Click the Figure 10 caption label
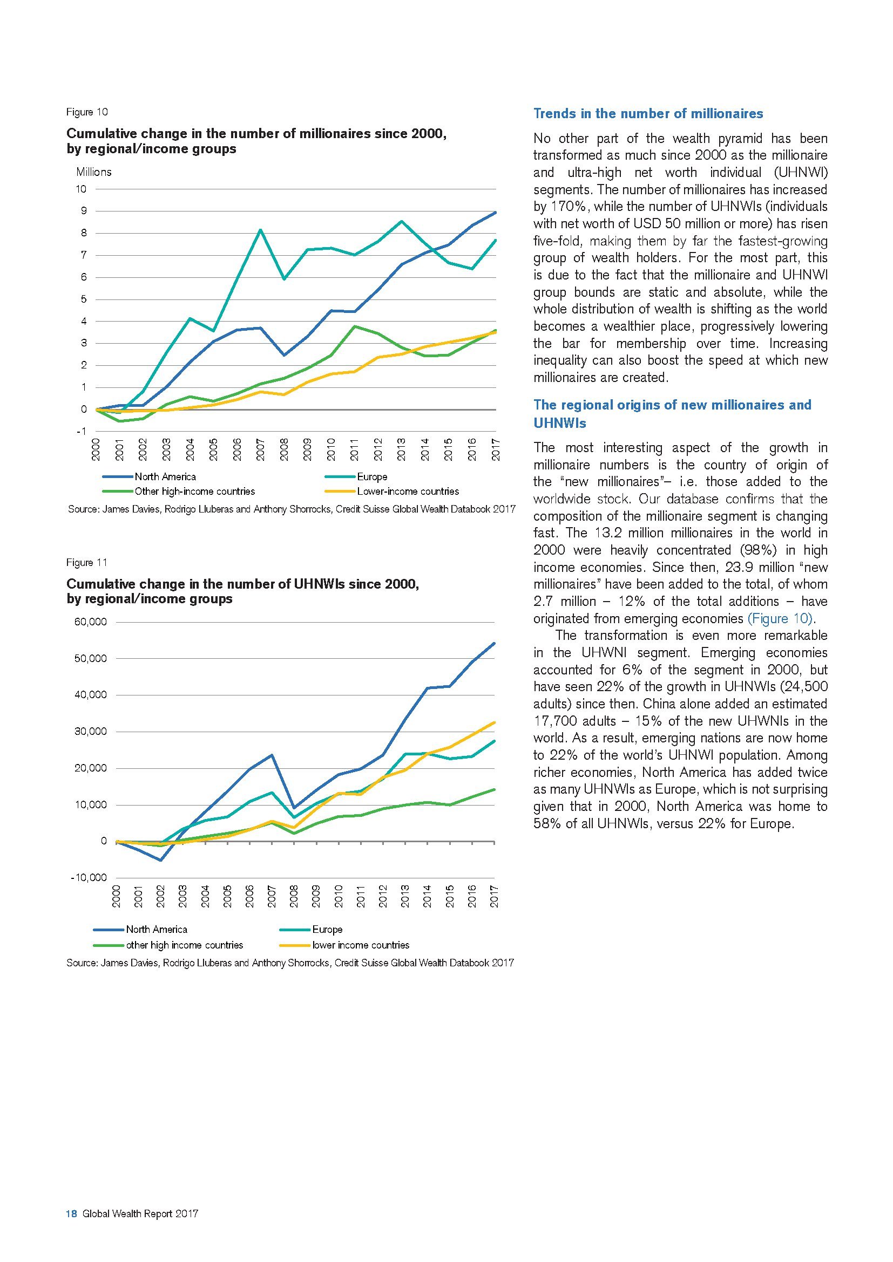click(x=87, y=112)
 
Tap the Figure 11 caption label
click(x=87, y=562)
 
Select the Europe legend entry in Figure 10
click(x=371, y=476)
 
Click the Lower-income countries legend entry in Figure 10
click(x=408, y=492)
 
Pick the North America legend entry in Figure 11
click(x=156, y=929)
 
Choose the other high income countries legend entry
click(x=184, y=945)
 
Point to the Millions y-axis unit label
click(x=93, y=172)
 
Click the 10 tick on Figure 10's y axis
click(x=81, y=189)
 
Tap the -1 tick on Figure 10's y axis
click(x=81, y=432)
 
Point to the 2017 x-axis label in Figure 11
click(x=494, y=897)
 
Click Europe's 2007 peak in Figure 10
click(x=261, y=230)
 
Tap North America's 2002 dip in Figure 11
click(x=160, y=860)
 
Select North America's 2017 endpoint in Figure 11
click(x=495, y=643)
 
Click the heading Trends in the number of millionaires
click(x=648, y=114)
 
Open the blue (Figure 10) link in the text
click(x=779, y=618)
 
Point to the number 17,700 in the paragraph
click(x=555, y=721)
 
